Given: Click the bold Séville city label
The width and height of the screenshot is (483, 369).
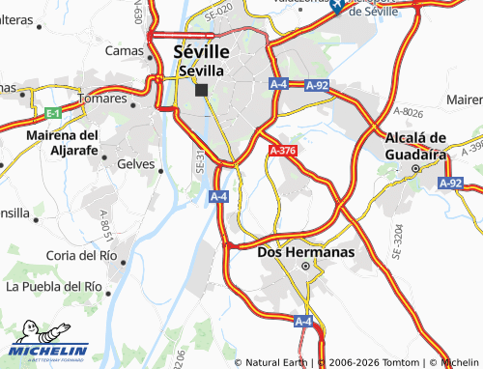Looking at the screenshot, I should tap(201, 51).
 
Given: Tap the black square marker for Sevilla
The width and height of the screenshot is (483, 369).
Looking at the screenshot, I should tap(201, 90).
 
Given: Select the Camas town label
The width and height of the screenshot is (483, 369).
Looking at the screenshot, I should tap(124, 50).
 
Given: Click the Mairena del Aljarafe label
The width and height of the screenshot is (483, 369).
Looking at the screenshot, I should tap(63, 141).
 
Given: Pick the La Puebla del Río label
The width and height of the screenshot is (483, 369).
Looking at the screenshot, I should tap(53, 287).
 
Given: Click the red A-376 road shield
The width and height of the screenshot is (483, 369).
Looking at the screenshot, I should tap(282, 151).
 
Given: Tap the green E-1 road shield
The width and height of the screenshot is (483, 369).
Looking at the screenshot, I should tap(52, 113).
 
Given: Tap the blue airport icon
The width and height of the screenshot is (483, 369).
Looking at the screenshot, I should tap(337, 6).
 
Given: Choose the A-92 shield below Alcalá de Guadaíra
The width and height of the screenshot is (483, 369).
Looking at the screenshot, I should tap(450, 182).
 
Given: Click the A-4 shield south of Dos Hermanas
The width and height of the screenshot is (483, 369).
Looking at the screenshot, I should tap(303, 321).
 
